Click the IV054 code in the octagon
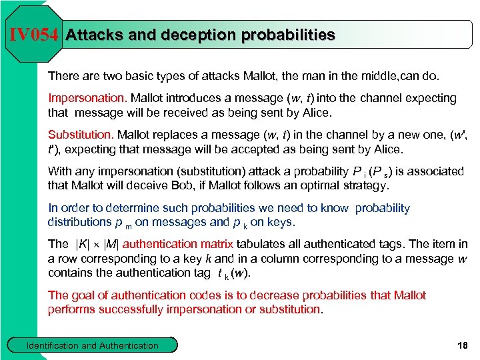(34, 35)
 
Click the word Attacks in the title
(94, 35)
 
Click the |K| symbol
(83, 244)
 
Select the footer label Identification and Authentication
(92, 345)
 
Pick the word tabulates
(251, 244)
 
